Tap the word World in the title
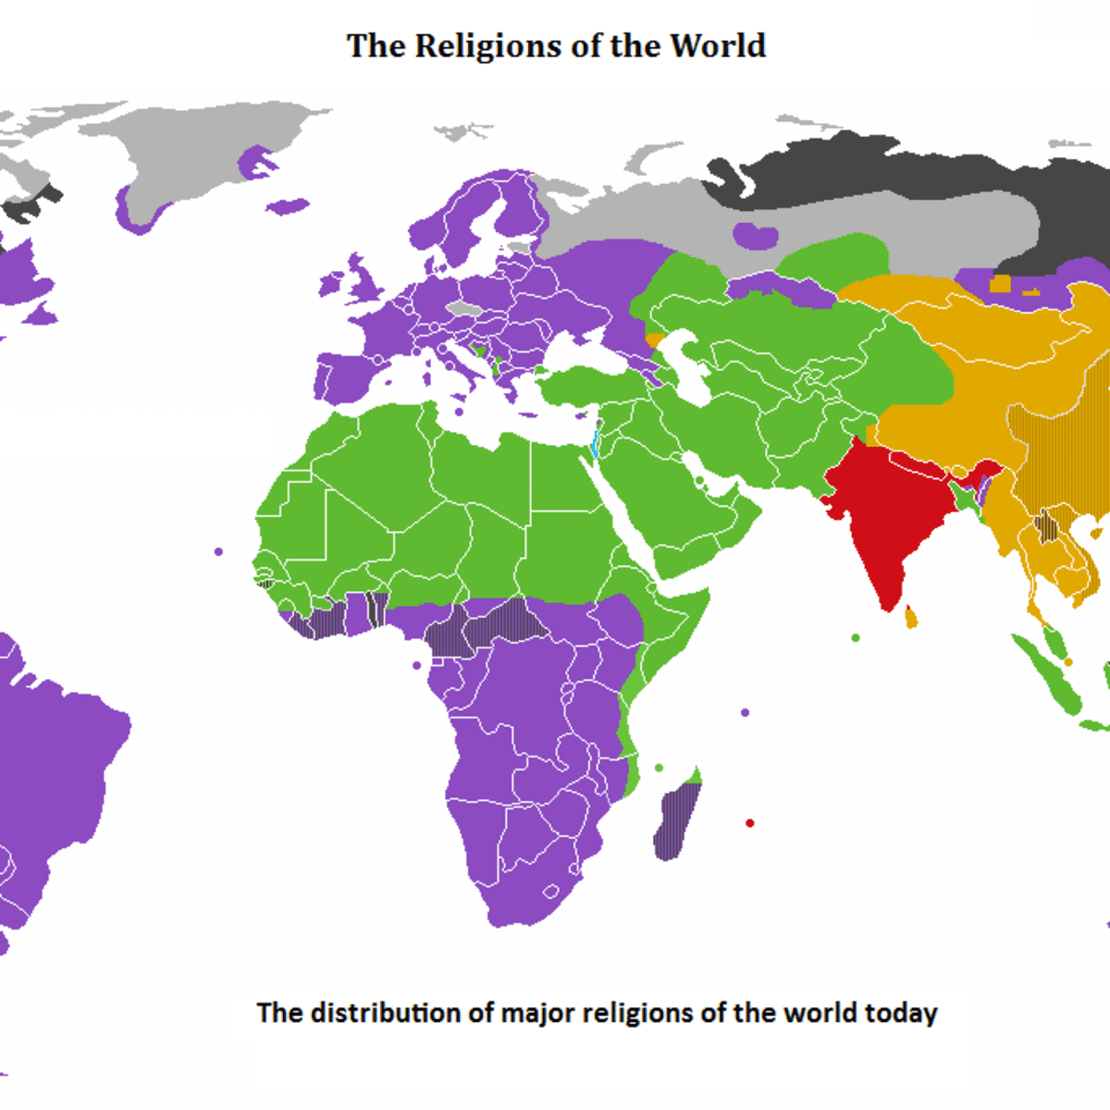tap(718, 46)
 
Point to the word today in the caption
tap(901, 1013)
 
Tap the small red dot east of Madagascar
tap(749, 822)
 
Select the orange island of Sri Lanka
tap(911, 616)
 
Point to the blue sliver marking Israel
tap(594, 440)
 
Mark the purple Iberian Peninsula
tap(347, 375)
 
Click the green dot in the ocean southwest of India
tap(856, 637)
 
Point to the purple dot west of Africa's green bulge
tap(218, 551)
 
